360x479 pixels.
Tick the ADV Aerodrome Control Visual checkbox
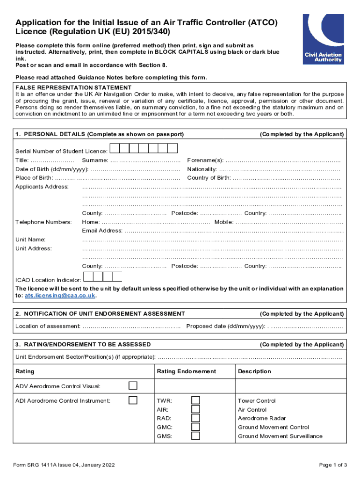(133, 385)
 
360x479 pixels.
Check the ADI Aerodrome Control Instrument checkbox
(133, 400)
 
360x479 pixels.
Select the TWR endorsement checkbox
(195, 400)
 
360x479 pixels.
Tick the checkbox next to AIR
(195, 409)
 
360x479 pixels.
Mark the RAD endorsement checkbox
(195, 418)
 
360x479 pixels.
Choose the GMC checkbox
(195, 427)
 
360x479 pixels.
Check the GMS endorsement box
(195, 436)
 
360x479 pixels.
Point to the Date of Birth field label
(52, 169)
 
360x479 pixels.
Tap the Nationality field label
(202, 169)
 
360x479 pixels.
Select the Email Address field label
(102, 231)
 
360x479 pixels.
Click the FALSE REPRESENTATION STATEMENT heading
(73, 87)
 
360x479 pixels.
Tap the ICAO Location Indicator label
(48, 280)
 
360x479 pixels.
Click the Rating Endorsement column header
(187, 371)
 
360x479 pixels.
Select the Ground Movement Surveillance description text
(280, 436)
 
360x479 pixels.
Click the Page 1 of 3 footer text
(333, 465)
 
